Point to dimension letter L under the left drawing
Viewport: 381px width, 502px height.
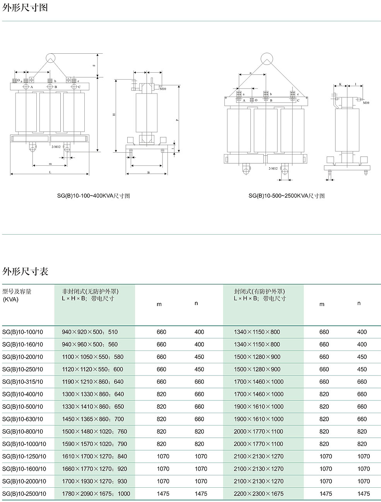pos(50,172)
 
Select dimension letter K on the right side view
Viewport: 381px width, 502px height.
pos(340,84)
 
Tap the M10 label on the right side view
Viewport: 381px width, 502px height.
pos(366,103)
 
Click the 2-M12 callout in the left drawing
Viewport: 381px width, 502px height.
pos(56,147)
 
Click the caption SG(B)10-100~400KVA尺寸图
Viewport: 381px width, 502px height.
pos(93,196)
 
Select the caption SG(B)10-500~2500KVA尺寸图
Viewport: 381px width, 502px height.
pos(286,196)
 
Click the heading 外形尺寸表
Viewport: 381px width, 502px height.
pos(25,272)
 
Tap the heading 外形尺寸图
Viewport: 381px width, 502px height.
pos(25,7)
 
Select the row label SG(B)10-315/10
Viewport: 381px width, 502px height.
pos(22,382)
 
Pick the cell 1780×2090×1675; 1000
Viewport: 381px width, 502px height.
pos(96,494)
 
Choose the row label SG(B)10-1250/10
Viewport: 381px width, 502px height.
pos(24,456)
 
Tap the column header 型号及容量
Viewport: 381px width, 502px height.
pos(17,292)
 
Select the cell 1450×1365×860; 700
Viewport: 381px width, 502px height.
pos(93,419)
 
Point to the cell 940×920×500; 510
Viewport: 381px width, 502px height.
pos(90,332)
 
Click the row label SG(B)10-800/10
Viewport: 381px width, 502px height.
pos(22,432)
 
